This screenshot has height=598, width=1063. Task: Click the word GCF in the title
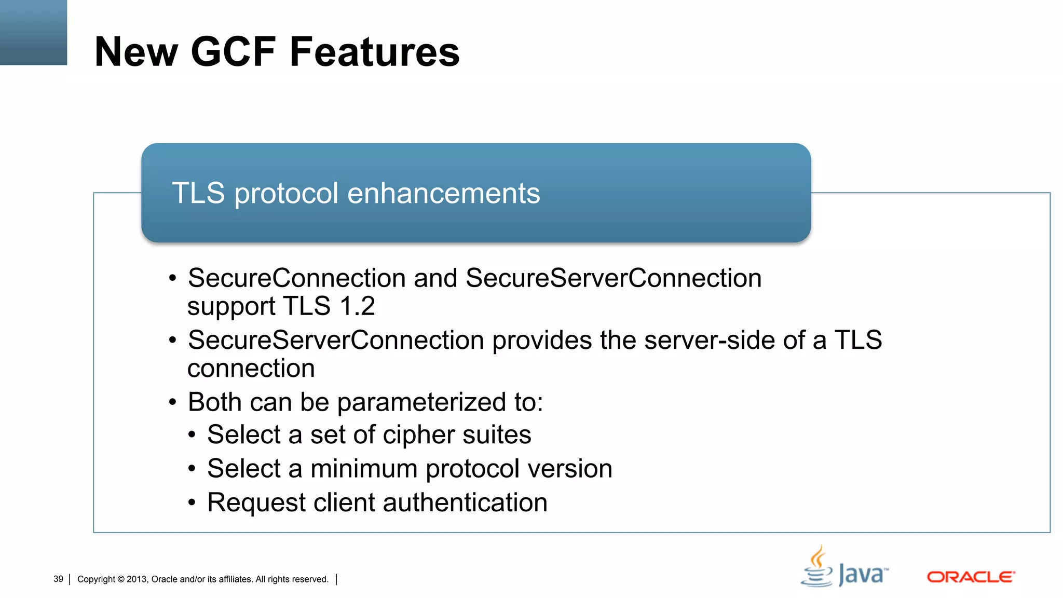(x=233, y=52)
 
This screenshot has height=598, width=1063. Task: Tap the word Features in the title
(x=374, y=52)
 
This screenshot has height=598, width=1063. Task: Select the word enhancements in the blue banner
(x=443, y=193)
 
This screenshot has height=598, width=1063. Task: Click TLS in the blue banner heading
(x=198, y=193)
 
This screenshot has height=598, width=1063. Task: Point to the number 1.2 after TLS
(x=357, y=306)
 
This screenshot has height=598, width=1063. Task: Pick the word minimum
(x=364, y=469)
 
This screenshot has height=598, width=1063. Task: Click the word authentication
(x=465, y=502)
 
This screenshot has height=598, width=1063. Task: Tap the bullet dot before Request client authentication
(x=192, y=503)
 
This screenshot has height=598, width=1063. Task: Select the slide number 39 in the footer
(x=58, y=579)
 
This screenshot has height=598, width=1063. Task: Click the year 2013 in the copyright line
(x=137, y=579)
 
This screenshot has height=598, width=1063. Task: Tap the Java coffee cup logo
(x=818, y=567)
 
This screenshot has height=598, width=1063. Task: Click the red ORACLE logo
(x=971, y=577)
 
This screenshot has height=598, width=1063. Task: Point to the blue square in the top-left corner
(x=33, y=32)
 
